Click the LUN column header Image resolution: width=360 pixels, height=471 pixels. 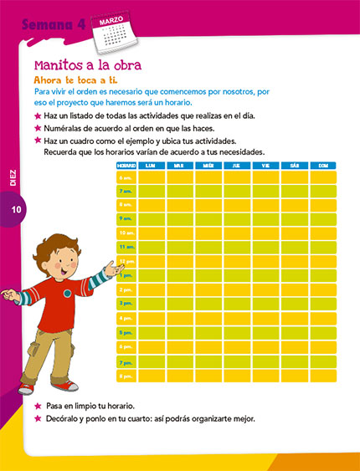point(151,166)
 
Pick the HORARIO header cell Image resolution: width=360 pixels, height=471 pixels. point(126,166)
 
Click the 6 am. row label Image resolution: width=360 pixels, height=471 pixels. point(126,177)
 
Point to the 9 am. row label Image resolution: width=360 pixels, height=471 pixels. point(126,219)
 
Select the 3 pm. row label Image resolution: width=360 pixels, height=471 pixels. point(126,304)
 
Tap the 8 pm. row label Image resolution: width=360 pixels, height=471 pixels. point(126,376)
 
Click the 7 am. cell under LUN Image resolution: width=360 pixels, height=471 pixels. point(152,192)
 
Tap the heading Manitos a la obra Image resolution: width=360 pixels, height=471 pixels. point(87,64)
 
